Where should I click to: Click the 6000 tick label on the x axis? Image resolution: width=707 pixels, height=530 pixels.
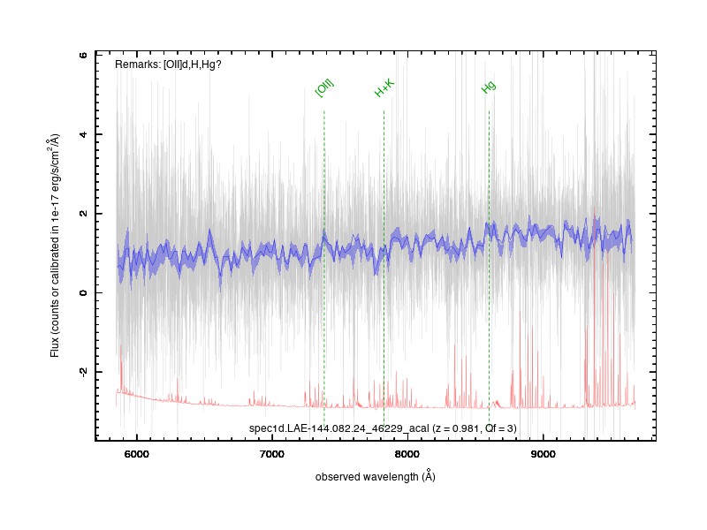tap(137, 454)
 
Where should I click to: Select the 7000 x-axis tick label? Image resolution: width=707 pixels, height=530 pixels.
tap(272, 454)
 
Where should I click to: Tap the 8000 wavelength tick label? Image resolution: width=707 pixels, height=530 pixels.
tap(407, 454)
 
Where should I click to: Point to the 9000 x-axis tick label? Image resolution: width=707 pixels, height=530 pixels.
tap(543, 454)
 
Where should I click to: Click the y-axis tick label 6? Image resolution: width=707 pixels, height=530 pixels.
tap(83, 55)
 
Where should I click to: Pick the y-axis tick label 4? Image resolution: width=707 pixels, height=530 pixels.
tap(83, 134)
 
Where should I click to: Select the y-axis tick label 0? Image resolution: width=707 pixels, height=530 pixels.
tap(83, 293)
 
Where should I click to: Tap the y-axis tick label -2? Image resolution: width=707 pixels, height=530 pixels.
tap(83, 371)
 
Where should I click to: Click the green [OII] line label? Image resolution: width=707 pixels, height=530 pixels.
tap(324, 87)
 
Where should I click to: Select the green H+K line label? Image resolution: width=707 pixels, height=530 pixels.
tap(384, 87)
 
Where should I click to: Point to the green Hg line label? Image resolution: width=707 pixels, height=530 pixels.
tap(489, 87)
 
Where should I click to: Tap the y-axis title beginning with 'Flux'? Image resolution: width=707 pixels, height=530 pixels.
tap(55, 246)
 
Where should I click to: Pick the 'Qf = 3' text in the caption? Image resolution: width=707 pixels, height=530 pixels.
tap(498, 428)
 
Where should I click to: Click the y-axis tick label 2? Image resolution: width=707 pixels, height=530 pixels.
tap(83, 214)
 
